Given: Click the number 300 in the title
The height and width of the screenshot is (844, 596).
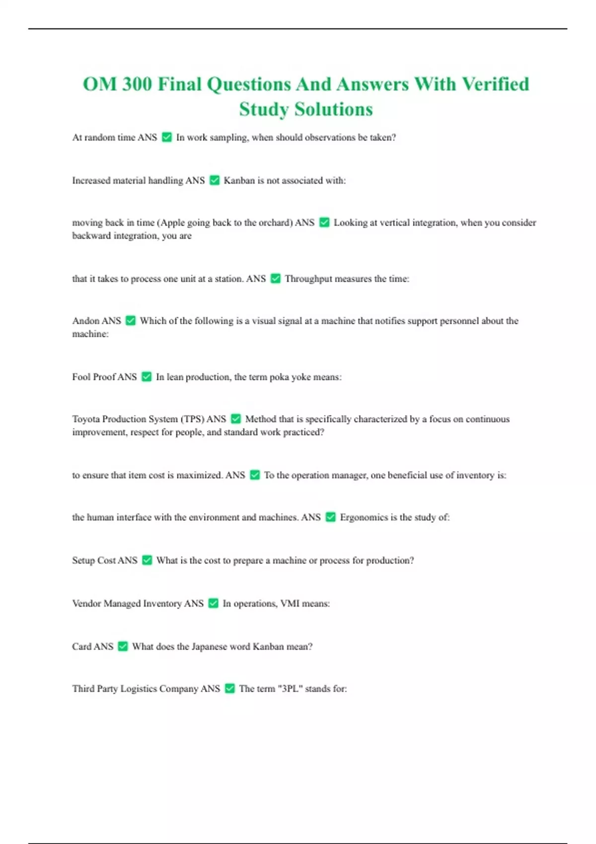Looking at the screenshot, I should click(x=137, y=84).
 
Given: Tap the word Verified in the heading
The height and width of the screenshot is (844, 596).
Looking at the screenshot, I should click(x=495, y=84).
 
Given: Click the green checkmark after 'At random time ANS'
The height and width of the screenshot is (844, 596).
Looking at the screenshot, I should click(x=167, y=137).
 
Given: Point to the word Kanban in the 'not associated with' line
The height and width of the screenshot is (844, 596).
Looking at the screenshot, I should click(x=239, y=180).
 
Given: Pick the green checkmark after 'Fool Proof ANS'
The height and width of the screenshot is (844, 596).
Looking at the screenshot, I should click(x=147, y=377).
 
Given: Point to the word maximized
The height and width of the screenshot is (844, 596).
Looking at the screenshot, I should click(x=199, y=475).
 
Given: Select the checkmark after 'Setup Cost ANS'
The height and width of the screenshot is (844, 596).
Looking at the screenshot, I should click(x=147, y=560).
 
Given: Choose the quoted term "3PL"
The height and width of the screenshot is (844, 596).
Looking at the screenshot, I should click(x=290, y=689).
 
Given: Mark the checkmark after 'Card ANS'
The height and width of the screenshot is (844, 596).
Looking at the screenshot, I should click(x=123, y=646).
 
